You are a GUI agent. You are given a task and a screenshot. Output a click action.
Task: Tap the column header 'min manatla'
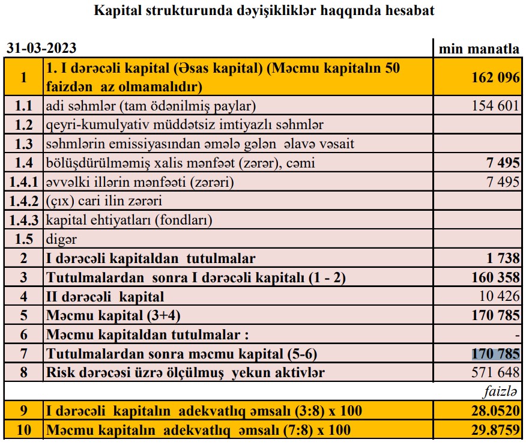tap(479, 49)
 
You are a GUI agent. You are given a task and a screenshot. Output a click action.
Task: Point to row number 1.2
tap(23, 125)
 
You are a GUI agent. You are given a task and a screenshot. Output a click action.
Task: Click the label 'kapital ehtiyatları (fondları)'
tap(129, 220)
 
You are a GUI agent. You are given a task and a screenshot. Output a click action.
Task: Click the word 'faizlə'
tap(501, 392)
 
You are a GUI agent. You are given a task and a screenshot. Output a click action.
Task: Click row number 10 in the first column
tap(23, 430)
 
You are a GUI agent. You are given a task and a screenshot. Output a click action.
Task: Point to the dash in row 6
tap(517, 335)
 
